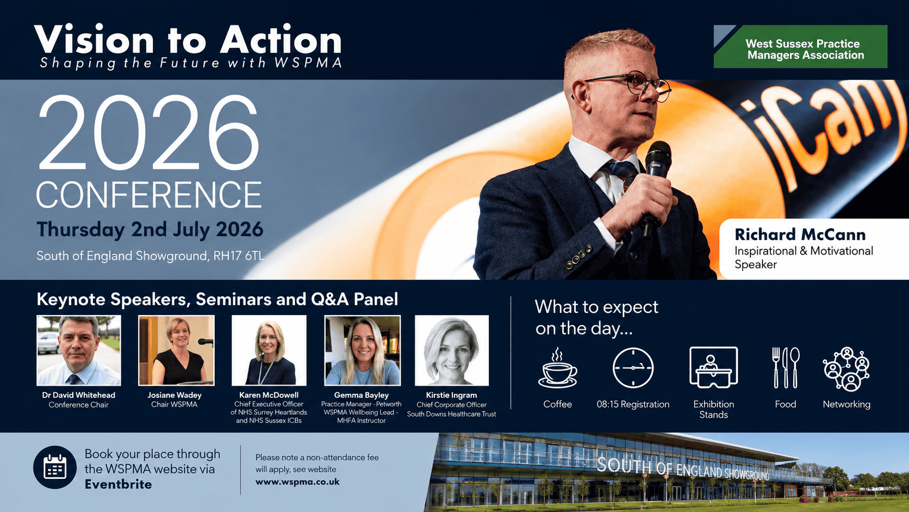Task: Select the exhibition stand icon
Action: click(713, 367)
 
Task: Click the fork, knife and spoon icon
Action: click(786, 367)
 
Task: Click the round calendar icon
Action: click(55, 467)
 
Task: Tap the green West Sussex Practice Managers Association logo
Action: click(800, 46)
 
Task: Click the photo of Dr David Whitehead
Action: click(78, 350)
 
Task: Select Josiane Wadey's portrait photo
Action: click(176, 350)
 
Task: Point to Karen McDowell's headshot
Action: click(269, 350)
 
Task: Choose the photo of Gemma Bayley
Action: click(363, 350)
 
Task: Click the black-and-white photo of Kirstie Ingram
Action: click(452, 350)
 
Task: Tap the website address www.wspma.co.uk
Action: click(297, 482)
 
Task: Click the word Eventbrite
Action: click(118, 484)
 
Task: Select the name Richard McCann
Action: click(800, 235)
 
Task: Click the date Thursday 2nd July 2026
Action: click(150, 230)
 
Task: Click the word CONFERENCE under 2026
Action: click(149, 195)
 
